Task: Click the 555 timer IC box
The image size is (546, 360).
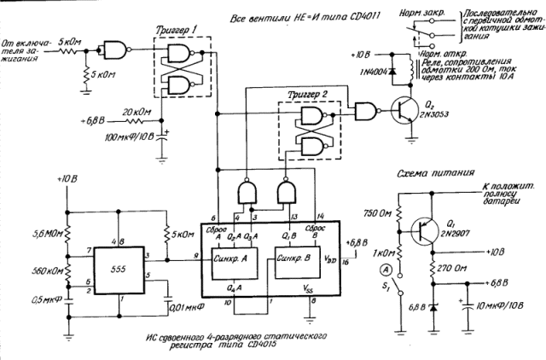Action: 119,269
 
